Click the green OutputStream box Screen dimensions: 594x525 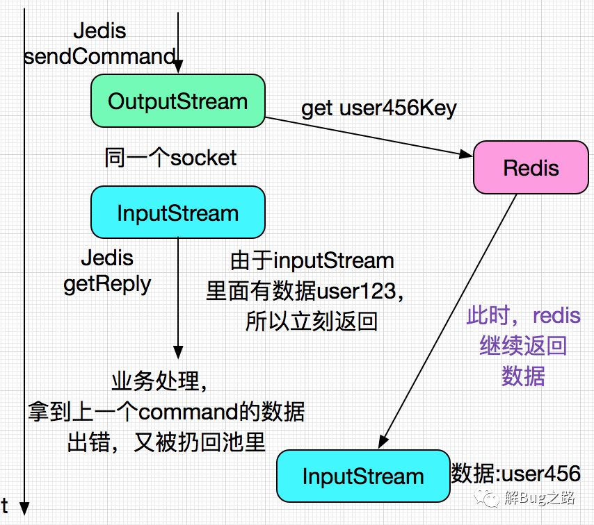pos(178,101)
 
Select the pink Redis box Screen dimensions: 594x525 pos(531,167)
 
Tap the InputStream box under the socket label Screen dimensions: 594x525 pos(178,212)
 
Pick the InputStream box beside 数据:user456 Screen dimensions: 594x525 pos(363,476)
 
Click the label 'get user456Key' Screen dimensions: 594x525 pos(379,108)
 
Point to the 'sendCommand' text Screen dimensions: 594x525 pos(100,56)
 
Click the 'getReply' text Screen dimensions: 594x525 pos(107,285)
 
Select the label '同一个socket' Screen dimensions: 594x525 pos(170,158)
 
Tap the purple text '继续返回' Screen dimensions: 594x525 pos(523,345)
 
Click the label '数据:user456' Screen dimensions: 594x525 pos(515,473)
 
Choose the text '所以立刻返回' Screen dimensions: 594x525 pos(312,322)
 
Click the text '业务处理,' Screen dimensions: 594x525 pos(159,381)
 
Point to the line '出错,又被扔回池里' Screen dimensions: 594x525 pos(166,442)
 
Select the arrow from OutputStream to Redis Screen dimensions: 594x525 pos(369,137)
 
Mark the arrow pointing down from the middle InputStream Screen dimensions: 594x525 pos(178,299)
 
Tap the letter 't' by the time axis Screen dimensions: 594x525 pos(5,506)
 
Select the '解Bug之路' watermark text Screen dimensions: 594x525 pos(540,498)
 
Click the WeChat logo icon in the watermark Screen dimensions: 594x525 pos(487,498)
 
